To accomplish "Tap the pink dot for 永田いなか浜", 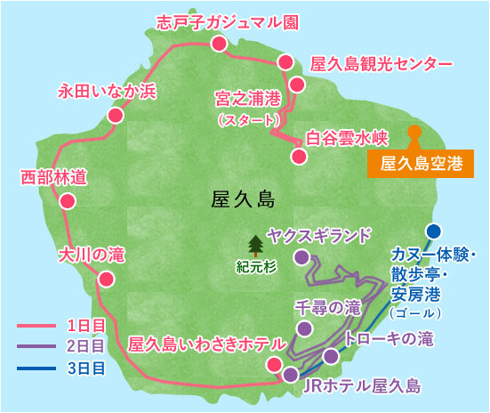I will point(114,116).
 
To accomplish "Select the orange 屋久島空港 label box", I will point(422,164).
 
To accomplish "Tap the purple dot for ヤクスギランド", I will point(301,257).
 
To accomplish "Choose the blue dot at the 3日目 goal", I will point(433,231).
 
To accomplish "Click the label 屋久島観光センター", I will point(382,65).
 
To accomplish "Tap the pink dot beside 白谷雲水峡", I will point(299,157).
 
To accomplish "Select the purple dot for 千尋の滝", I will point(304,328).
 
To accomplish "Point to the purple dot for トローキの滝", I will point(331,356).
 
